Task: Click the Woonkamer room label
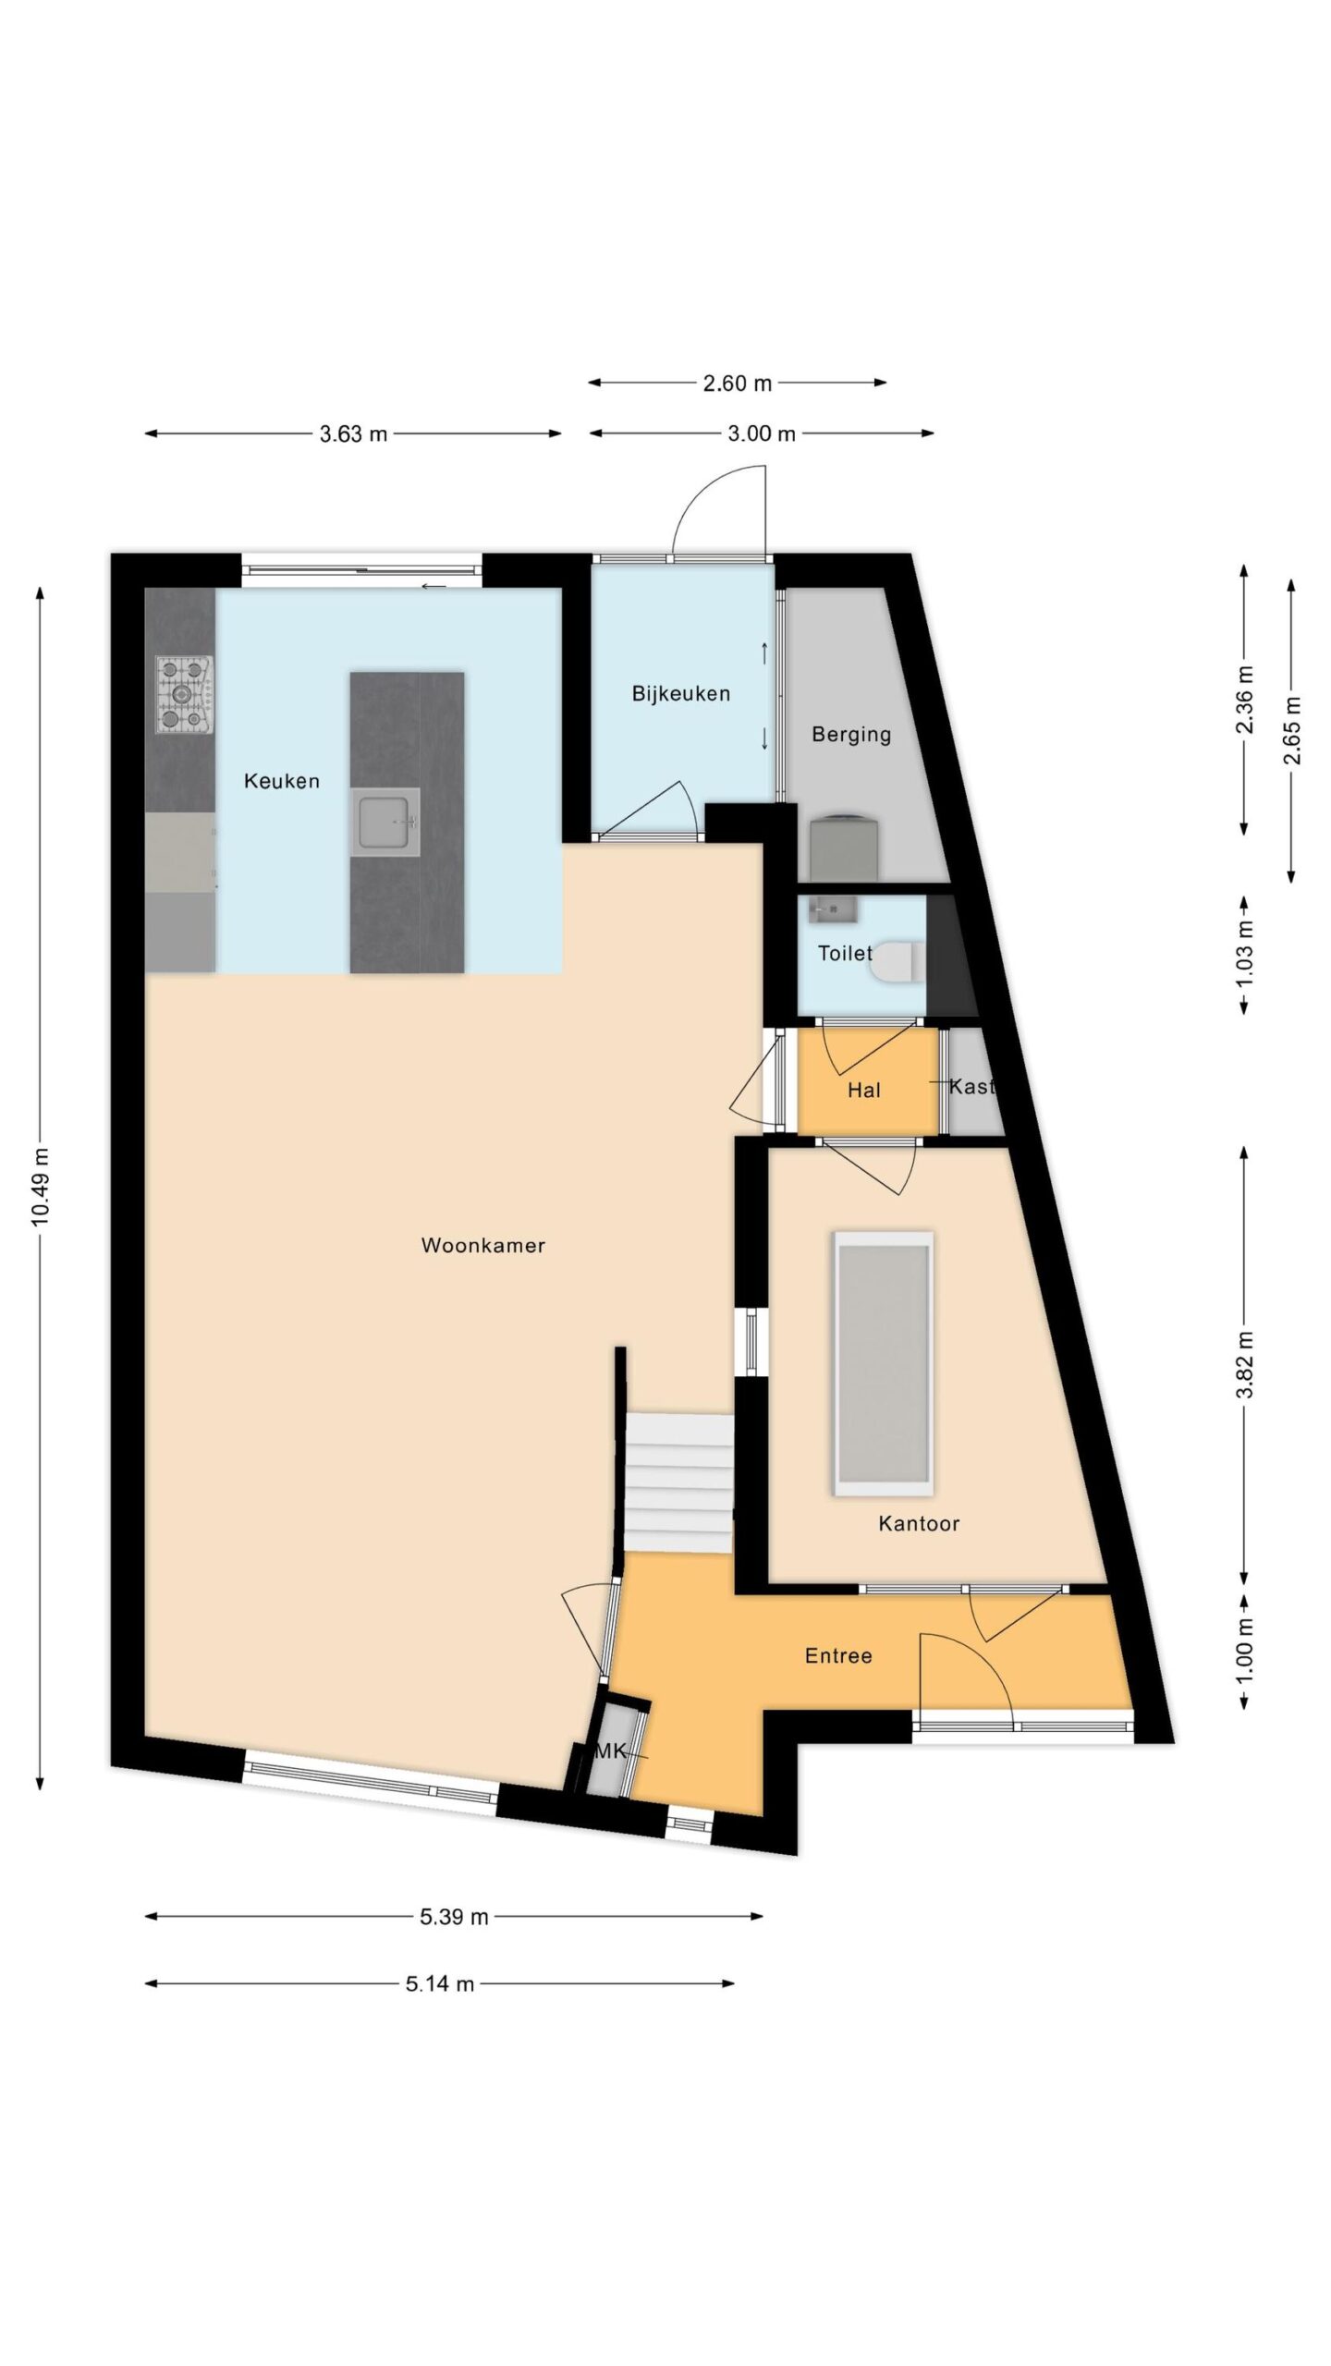(x=482, y=1245)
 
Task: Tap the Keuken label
(x=282, y=781)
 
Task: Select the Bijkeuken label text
(x=681, y=693)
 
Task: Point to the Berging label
(x=851, y=734)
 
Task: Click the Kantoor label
(x=919, y=1523)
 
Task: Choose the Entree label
(x=838, y=1655)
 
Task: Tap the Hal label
(x=864, y=1091)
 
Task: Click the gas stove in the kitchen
(x=185, y=695)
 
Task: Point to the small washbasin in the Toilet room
(x=832, y=909)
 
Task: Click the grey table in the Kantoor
(x=883, y=1363)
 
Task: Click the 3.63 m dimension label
(x=353, y=433)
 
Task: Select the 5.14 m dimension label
(x=440, y=1982)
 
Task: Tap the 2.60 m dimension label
(x=737, y=383)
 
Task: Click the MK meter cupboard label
(x=610, y=1750)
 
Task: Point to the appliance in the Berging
(x=845, y=848)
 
